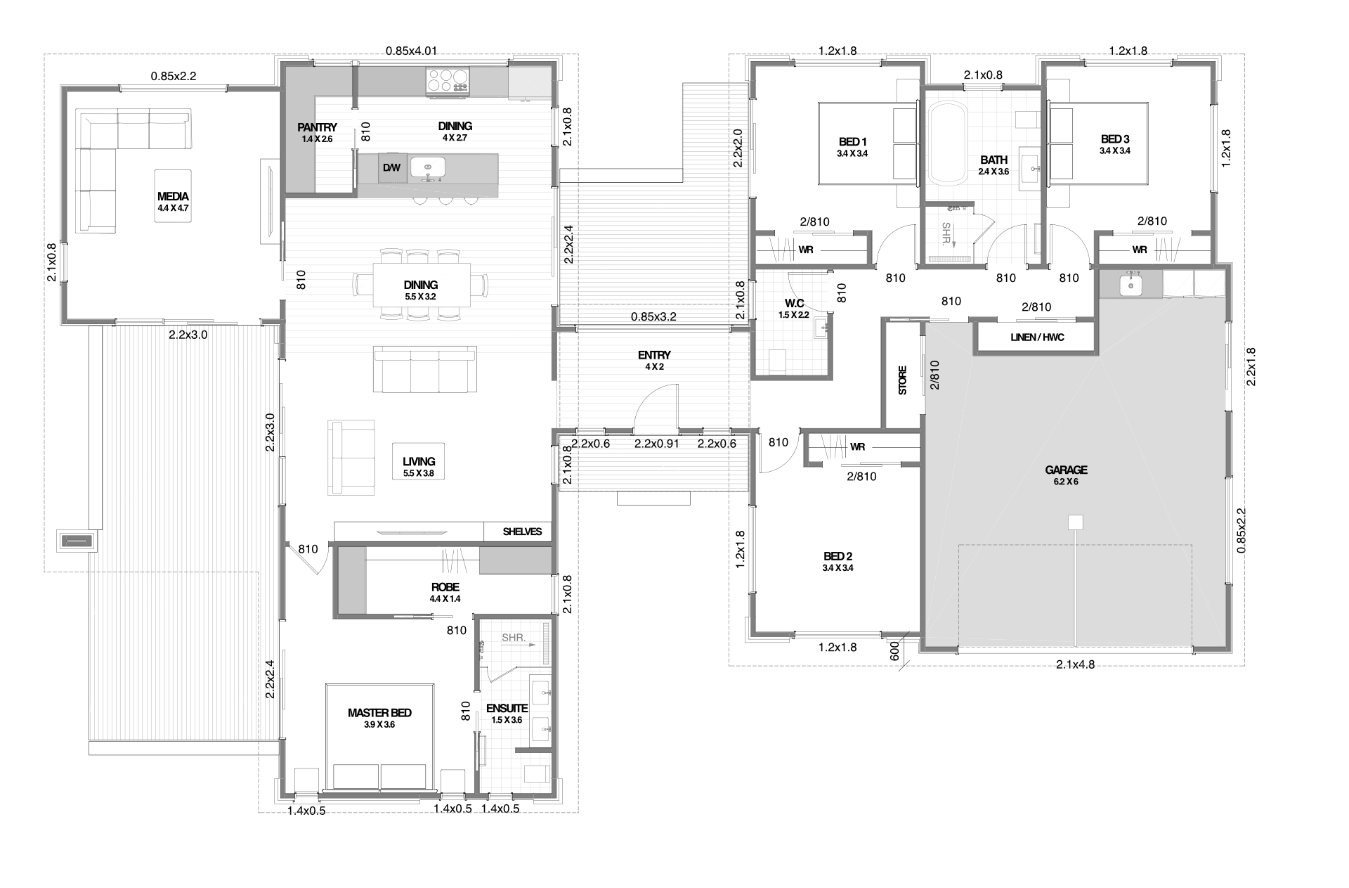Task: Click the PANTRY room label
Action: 317,127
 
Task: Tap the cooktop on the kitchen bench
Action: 447,80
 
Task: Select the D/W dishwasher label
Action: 391,168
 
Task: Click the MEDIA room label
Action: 173,197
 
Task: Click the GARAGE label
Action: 1066,470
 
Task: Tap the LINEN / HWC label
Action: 1037,337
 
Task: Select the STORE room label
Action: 903,380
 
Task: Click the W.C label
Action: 794,304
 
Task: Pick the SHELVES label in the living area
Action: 522,532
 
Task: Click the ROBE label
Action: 445,587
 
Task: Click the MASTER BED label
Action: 379,713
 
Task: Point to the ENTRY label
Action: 654,355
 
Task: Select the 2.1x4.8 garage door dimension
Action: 1075,664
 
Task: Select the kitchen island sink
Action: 428,168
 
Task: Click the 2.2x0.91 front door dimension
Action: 656,444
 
